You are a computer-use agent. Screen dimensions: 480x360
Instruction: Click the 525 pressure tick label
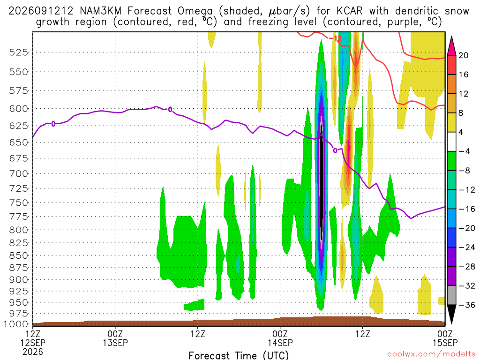(x=18, y=52)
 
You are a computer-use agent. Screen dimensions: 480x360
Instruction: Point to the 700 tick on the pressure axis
(x=18, y=174)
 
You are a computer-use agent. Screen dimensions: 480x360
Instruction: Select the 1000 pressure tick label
(x=15, y=324)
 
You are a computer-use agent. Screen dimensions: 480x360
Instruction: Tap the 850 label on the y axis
(x=18, y=255)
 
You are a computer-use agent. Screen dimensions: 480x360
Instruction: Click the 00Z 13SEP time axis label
(x=115, y=338)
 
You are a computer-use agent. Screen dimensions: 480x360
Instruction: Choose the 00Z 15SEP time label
(x=445, y=338)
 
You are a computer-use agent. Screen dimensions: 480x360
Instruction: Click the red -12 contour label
(x=335, y=38)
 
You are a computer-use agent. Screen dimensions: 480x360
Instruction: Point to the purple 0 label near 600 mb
(x=170, y=109)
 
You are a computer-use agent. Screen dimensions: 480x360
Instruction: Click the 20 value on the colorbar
(x=463, y=55)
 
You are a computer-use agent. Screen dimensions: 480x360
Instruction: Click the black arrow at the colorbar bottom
(x=451, y=314)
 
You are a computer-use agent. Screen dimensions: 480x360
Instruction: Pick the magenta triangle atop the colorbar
(x=451, y=46)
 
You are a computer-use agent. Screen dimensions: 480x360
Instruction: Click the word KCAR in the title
(x=349, y=11)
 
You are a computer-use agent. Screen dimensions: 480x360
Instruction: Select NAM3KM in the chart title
(x=100, y=11)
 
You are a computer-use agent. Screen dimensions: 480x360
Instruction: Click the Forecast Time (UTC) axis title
(x=239, y=355)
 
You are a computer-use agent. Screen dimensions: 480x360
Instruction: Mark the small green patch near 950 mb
(x=195, y=305)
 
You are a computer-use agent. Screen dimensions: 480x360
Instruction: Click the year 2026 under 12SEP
(x=33, y=352)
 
